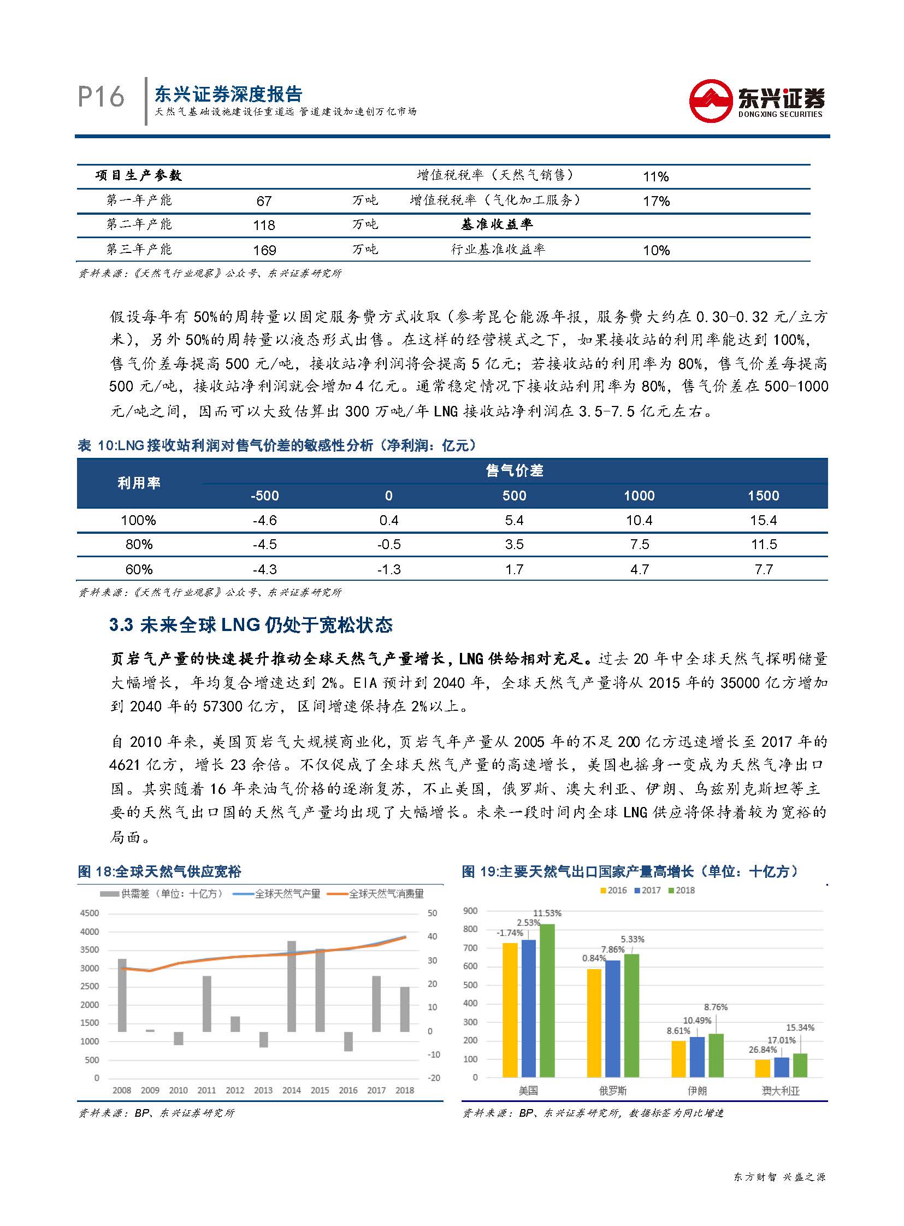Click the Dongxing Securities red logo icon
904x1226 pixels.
[710, 101]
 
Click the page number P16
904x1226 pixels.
[101, 97]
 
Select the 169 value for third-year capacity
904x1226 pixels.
[264, 250]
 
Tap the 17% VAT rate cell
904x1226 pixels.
[656, 202]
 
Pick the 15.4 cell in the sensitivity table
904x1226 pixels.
[764, 520]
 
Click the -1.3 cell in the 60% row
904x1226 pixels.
[388, 569]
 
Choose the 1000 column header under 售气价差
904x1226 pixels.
[639, 496]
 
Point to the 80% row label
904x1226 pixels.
[138, 545]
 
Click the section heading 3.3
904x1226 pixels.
[251, 624]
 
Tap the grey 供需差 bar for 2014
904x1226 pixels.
[292, 986]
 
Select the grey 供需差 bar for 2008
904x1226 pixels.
[122, 994]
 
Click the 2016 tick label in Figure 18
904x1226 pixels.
[348, 1090]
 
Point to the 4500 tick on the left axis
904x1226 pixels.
[89, 913]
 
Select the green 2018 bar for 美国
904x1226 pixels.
[547, 1000]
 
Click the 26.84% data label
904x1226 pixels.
[763, 1050]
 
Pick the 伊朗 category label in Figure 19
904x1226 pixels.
[697, 1091]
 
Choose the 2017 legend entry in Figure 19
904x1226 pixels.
[647, 891]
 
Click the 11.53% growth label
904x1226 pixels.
[547, 913]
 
